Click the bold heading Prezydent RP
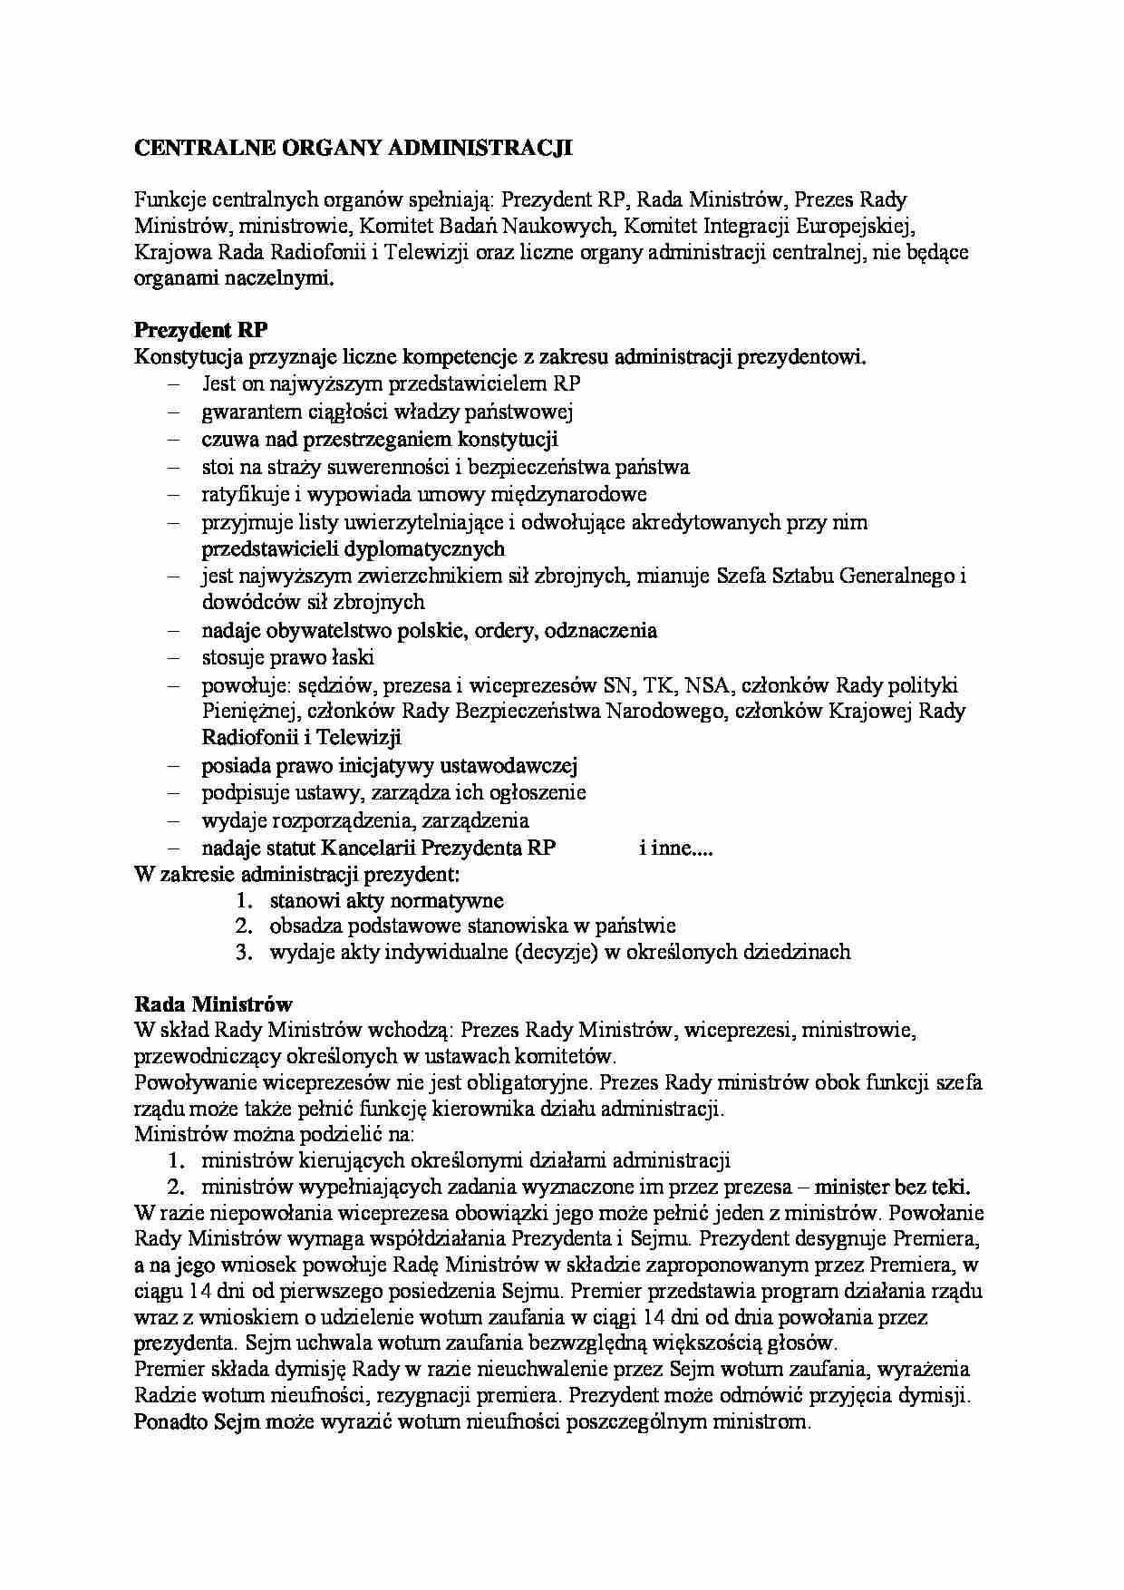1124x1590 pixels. (200, 330)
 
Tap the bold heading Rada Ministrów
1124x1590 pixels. (213, 1003)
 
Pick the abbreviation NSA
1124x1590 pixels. (707, 685)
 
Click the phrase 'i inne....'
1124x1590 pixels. (675, 848)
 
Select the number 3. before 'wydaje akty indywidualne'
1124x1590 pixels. (242, 952)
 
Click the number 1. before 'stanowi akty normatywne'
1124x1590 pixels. (242, 900)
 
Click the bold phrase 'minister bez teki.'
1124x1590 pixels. (892, 1187)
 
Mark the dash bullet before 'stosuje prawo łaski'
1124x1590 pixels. (174, 658)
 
